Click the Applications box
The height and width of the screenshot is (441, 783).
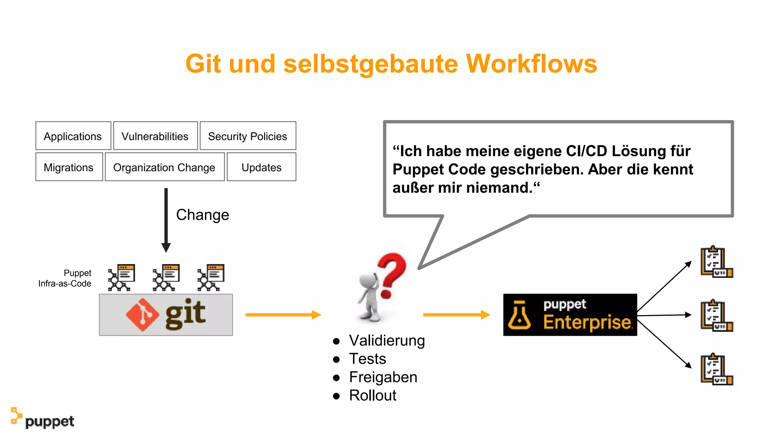[73, 136]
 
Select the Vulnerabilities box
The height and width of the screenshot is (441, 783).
[155, 136]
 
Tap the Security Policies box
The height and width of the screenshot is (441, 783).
[248, 136]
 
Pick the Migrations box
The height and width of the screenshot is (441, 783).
[69, 167]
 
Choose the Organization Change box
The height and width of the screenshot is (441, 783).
[164, 167]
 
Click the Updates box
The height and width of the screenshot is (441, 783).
[262, 167]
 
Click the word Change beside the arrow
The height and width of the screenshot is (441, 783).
[203, 215]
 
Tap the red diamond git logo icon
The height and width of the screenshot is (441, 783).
[142, 315]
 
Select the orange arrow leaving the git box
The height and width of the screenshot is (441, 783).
[283, 315]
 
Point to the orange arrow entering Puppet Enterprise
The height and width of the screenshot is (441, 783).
[456, 315]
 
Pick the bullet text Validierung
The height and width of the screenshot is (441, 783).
[387, 340]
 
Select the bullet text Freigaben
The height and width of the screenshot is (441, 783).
[383, 377]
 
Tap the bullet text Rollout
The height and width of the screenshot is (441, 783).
[373, 395]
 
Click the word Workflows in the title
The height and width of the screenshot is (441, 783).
[531, 64]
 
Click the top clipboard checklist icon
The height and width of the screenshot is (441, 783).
[716, 262]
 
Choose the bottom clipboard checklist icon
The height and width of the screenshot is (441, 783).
[716, 369]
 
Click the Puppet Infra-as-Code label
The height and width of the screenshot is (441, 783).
[65, 278]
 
